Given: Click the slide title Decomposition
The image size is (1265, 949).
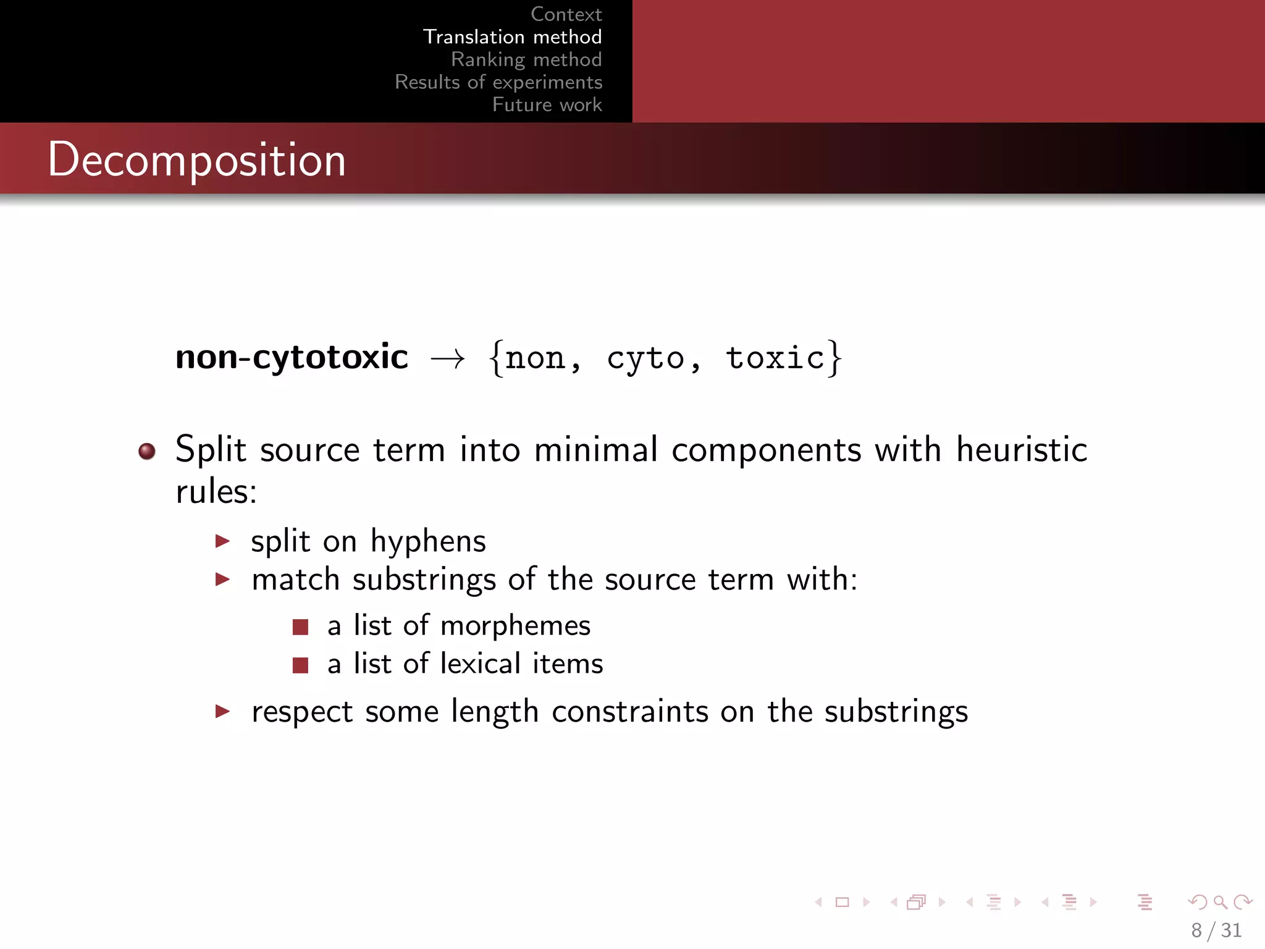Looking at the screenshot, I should click(196, 159).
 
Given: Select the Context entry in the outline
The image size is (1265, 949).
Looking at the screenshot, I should click(566, 14).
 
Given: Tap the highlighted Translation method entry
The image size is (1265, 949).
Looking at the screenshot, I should click(512, 37).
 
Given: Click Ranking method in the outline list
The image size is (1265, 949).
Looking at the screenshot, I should click(526, 59).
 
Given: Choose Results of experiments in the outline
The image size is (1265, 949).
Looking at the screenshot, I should click(498, 82).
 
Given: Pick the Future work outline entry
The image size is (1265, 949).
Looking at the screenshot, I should click(547, 104).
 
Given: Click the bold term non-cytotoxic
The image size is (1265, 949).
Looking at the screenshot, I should click(292, 357).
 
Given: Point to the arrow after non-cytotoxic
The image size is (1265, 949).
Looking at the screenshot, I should click(447, 358).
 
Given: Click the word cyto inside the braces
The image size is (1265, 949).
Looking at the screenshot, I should click(645, 358).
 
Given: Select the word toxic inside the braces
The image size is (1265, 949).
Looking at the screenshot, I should click(775, 358).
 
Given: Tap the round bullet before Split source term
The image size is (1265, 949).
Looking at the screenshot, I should click(147, 451).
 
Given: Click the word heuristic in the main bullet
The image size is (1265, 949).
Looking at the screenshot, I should click(1021, 449).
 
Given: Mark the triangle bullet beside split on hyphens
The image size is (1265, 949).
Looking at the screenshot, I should click(222, 541).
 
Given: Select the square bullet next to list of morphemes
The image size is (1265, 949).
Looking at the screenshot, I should click(300, 627).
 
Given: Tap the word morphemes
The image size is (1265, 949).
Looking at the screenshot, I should click(515, 626).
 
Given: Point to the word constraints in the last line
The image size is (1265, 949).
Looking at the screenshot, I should click(629, 711).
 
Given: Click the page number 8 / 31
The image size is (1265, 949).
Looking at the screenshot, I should click(1216, 930).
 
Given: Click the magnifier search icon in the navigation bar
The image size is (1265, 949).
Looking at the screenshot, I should click(1220, 902).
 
